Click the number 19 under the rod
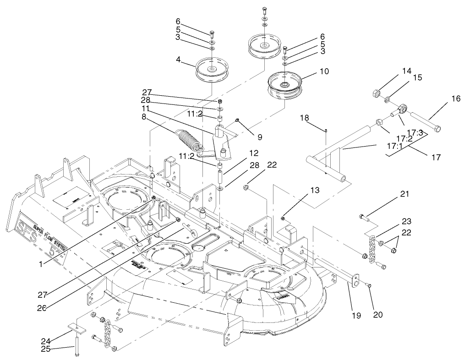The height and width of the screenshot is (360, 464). [356, 316]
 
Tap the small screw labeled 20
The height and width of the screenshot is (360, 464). [370, 286]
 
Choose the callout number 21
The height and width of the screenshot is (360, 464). [404, 194]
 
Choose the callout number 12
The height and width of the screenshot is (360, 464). [254, 153]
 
